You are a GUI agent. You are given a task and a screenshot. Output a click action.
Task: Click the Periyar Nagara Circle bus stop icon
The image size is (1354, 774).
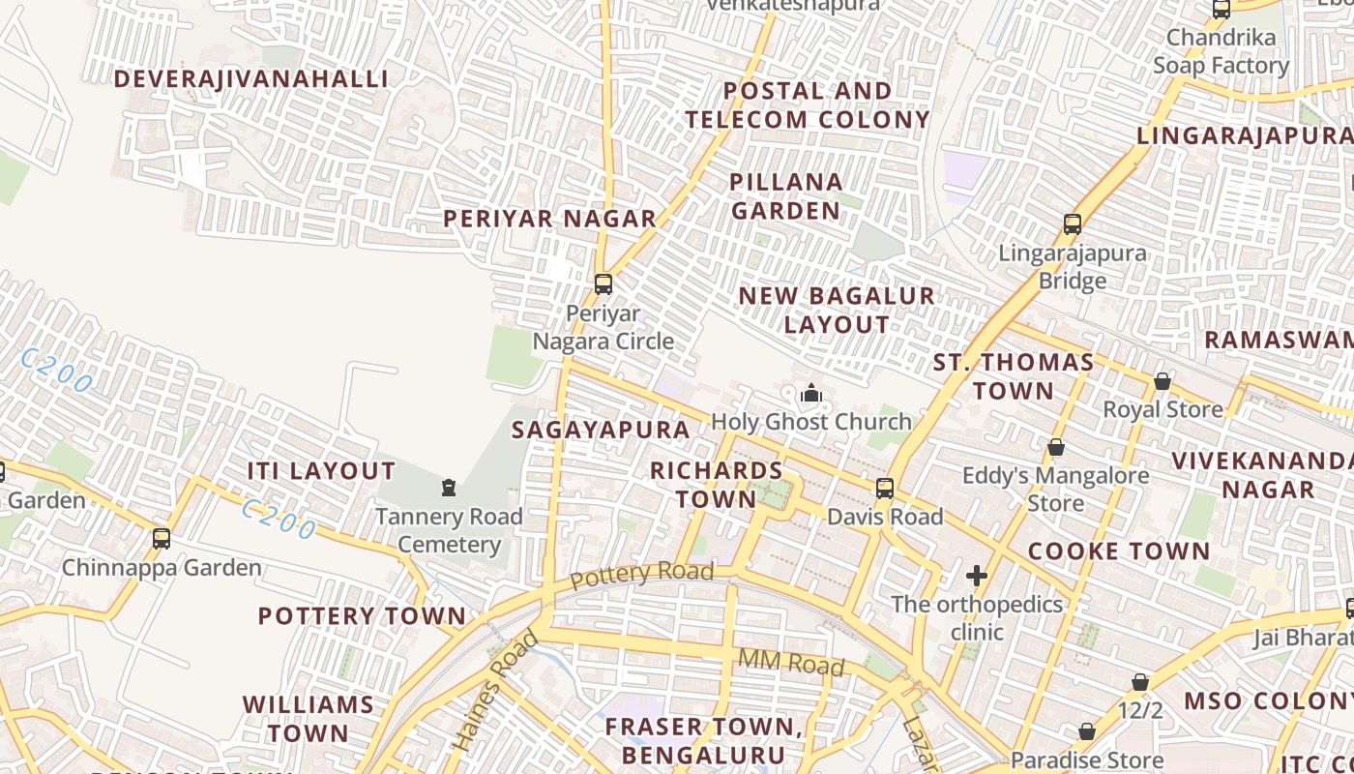[603, 283]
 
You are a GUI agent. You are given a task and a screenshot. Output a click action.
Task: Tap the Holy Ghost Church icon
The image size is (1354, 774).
[811, 393]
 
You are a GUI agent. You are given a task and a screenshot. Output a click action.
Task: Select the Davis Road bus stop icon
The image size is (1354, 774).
[885, 488]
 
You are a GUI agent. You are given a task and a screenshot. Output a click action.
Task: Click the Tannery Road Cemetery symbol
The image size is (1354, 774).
[449, 487]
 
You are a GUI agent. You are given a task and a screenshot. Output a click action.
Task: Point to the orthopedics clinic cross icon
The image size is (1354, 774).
[977, 576]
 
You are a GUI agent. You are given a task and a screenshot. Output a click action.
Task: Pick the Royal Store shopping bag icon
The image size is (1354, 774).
[1163, 381]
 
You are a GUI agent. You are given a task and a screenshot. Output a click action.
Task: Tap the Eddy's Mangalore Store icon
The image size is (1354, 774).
[1056, 447]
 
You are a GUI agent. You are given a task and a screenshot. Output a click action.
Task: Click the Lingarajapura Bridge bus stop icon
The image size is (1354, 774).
[1073, 224]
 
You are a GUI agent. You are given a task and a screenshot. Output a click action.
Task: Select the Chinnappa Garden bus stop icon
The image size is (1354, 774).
[162, 538]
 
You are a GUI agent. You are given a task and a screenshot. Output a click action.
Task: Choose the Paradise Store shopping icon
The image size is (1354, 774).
[1087, 731]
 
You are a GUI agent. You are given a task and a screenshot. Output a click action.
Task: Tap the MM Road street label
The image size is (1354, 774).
[791, 663]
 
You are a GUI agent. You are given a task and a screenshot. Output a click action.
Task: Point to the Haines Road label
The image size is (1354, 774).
[494, 691]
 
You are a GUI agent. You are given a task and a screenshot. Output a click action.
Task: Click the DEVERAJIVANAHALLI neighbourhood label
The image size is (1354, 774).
[251, 79]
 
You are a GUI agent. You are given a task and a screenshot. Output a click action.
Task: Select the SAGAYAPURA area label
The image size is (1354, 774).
[601, 430]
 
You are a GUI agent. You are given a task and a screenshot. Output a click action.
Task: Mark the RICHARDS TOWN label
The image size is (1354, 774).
[716, 485]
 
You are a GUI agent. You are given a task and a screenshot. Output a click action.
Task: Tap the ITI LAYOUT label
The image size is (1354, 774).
[321, 471]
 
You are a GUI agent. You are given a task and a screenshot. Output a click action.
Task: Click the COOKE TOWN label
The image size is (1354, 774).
[1118, 551]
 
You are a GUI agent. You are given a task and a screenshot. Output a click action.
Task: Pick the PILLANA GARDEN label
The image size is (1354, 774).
[786, 196]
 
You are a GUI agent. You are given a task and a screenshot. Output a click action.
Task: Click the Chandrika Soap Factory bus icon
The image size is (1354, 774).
[1222, 10]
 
